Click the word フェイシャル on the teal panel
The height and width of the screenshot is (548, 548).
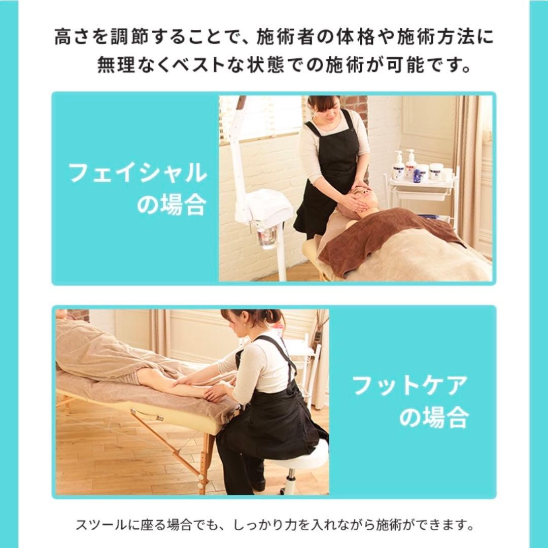[x=137, y=174]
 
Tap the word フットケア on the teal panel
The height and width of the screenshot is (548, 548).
[x=408, y=387]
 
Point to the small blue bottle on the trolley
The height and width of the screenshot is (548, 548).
[x=419, y=175]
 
